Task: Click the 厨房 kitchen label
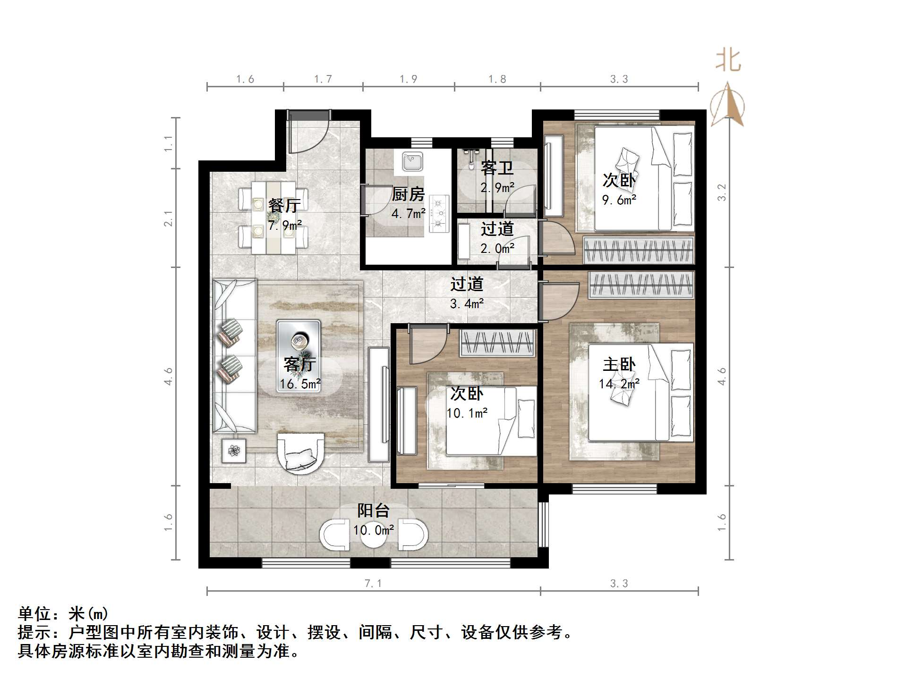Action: click(408, 194)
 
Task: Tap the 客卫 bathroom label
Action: click(497, 168)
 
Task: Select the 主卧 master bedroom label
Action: click(619, 364)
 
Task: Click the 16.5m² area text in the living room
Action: click(300, 384)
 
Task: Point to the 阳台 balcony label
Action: click(373, 511)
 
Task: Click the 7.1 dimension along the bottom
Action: click(373, 584)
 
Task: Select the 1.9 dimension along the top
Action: click(408, 79)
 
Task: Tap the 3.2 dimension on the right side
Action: click(721, 192)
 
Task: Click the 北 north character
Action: click(728, 61)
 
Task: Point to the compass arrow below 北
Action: click(728, 106)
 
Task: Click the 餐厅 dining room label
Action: click(284, 205)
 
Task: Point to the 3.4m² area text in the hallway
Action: click(467, 304)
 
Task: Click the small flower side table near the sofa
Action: click(234, 451)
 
